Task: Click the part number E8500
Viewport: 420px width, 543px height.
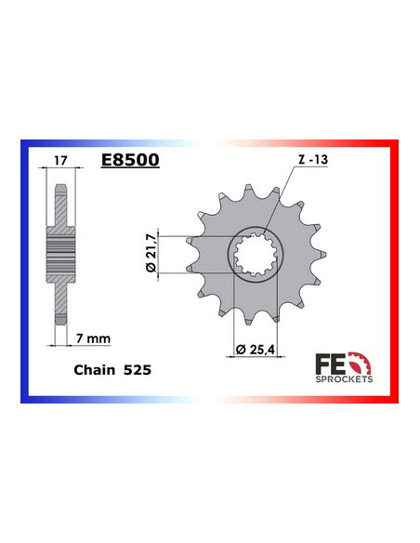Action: [130, 161]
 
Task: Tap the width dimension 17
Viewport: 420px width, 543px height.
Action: [60, 161]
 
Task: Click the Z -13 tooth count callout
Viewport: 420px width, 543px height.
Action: [312, 161]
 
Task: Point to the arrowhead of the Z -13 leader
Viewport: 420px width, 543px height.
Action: [263, 234]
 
